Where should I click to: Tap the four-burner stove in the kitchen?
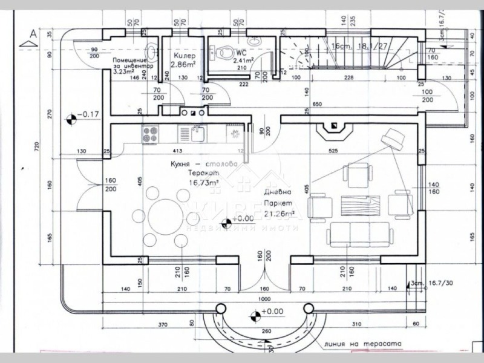[x=150, y=133]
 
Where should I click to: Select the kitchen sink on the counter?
[x=197, y=133]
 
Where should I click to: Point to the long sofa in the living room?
[x=359, y=234]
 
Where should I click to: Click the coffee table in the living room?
[x=361, y=204]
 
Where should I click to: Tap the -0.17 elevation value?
[x=91, y=114]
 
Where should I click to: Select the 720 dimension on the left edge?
[x=36, y=146]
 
